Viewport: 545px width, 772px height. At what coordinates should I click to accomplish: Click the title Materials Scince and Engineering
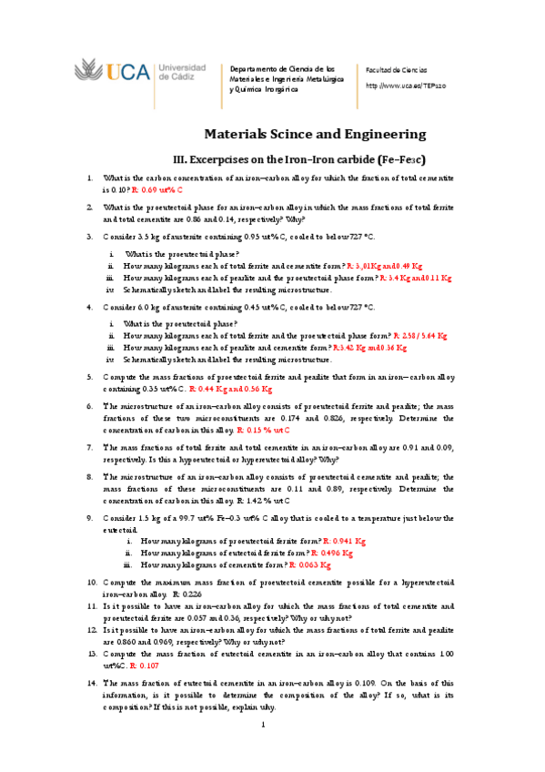[x=313, y=134]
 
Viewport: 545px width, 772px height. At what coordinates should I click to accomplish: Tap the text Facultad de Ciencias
[x=396, y=70]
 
